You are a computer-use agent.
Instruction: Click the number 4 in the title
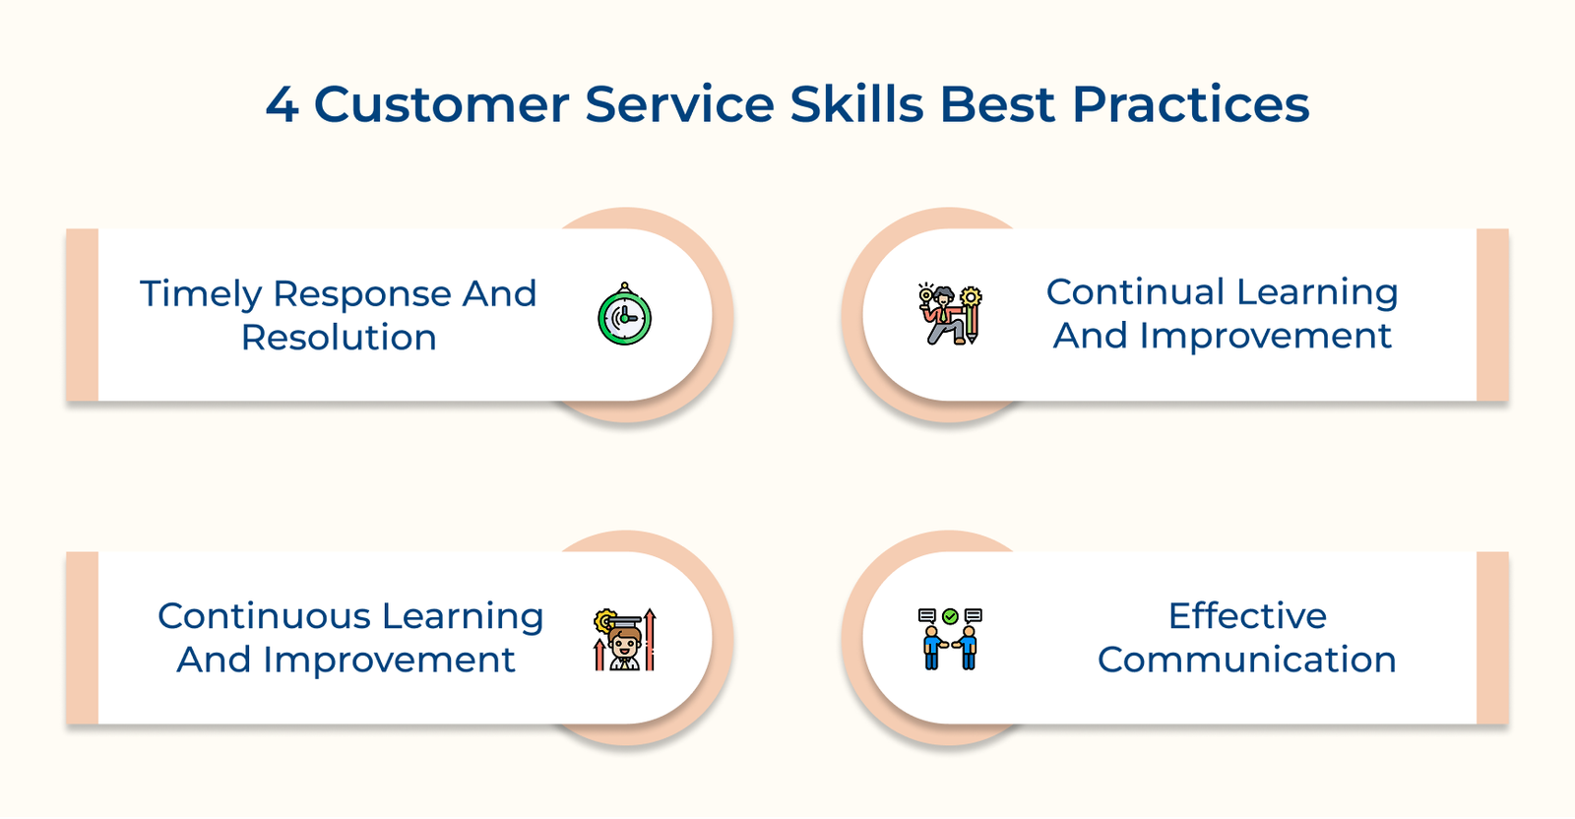282,105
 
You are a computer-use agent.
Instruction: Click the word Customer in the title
441,105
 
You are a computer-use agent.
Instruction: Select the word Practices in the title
1190,105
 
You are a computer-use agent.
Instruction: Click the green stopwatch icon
625,316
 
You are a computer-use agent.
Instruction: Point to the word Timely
201,294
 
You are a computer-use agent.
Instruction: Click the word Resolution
339,338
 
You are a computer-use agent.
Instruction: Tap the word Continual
1135,292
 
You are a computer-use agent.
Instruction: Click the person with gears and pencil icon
950,315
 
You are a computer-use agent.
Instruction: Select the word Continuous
263,616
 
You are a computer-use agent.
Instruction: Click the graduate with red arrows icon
625,640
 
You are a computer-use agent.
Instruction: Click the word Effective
1247,616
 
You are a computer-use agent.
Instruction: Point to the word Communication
1246,660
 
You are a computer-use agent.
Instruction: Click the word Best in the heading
997,105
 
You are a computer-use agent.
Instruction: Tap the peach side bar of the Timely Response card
83,315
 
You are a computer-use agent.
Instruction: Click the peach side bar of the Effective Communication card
1492,638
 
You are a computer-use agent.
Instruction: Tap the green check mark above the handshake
950,616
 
